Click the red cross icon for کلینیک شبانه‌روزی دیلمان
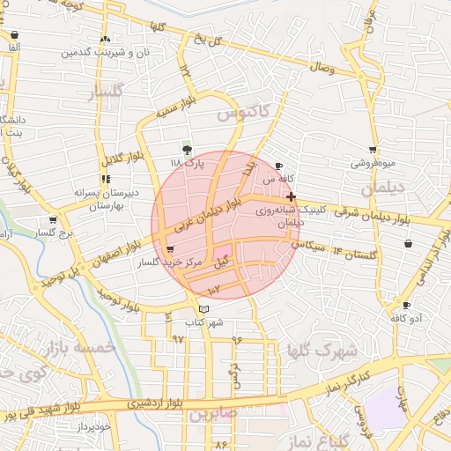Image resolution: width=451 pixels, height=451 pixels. point(292,197)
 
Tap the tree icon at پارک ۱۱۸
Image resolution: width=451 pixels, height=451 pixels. point(186,150)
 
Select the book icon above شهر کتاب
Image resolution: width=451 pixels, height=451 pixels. point(204,309)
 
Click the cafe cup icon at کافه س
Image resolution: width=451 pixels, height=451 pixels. point(279,166)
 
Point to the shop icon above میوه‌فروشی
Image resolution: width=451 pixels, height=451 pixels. point(373,150)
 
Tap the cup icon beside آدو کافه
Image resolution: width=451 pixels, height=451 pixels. point(406,305)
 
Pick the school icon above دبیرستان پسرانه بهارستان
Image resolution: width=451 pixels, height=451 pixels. point(106,179)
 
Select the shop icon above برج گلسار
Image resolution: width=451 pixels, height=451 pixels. point(53,220)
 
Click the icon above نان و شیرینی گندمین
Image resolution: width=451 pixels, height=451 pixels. point(106,39)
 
